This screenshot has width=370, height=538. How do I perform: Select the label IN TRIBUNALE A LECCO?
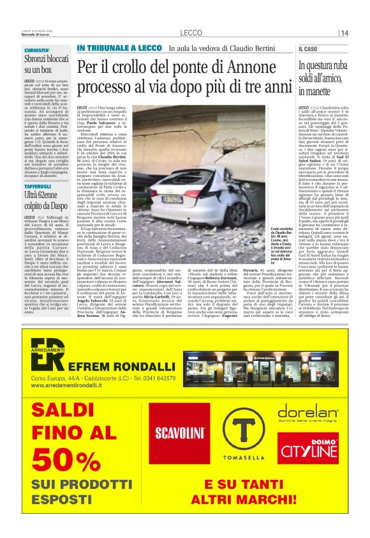click(119, 49)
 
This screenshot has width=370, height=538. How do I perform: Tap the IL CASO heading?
click(310, 49)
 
